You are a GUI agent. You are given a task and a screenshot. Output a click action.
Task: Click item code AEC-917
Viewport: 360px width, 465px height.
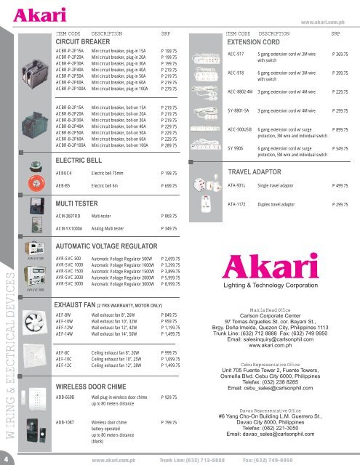(x=237, y=54)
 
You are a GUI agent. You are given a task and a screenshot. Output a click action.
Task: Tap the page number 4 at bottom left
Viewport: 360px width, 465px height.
(x=7, y=458)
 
